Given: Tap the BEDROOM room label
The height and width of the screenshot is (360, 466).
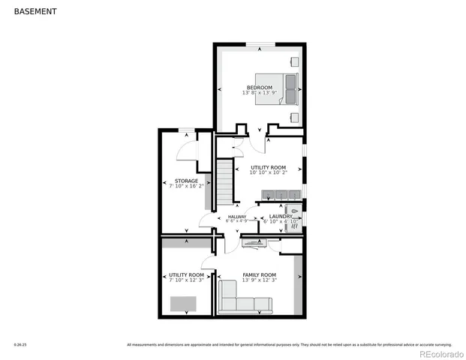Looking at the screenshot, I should pos(260,87).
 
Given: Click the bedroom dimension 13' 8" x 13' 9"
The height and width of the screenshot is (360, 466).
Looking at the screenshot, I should pos(260,93).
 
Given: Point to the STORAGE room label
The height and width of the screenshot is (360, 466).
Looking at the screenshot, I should pos(186,181).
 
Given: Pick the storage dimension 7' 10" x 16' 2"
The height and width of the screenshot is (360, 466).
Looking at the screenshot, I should pos(186,187).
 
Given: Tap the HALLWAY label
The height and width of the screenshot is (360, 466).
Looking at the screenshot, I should pos(237,217).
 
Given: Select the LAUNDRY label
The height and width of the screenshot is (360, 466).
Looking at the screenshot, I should pos(280,217).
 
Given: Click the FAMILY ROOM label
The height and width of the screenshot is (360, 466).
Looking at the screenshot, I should pos(259,274).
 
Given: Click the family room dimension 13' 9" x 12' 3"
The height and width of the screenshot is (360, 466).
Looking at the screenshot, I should pos(259,280).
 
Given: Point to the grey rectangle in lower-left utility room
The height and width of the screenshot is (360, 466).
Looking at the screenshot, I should pos(182,304).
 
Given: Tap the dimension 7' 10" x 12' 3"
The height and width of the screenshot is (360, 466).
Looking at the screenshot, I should pos(186,280).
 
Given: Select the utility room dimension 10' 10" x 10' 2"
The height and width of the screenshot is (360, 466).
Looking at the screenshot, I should pos(269,172).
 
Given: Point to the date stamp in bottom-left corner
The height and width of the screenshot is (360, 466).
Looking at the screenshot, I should pos(20,345).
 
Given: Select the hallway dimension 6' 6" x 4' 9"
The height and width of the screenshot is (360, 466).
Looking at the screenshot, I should pos(237,222).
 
